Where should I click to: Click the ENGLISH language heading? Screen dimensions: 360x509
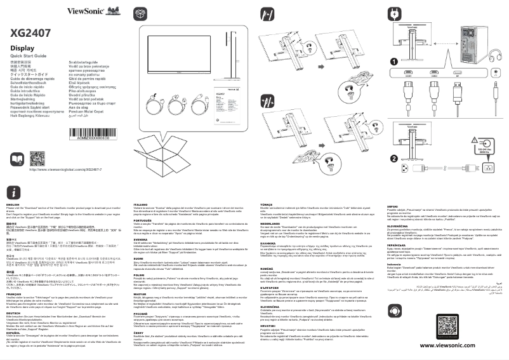[13, 203]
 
